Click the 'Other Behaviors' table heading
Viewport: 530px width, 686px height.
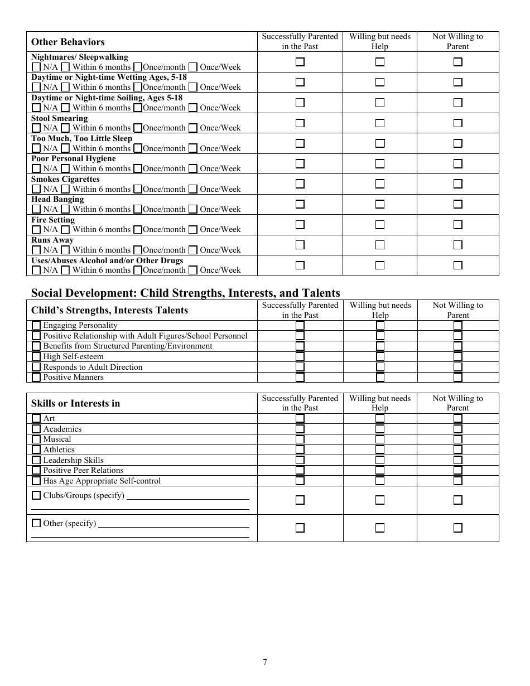68,42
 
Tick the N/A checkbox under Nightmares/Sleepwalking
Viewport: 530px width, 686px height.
36,67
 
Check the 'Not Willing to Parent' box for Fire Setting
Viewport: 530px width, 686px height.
457,225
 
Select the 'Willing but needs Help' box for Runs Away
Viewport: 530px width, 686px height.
380,245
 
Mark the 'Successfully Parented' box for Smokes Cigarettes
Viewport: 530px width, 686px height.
300,184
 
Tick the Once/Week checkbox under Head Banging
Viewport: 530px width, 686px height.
192,209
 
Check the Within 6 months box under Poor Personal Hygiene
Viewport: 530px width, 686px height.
65,168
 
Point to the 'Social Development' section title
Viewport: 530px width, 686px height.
185,293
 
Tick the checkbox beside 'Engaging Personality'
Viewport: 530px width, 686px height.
36,325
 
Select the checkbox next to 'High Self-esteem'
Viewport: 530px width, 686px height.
36,356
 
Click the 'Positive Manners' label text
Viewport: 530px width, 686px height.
73,377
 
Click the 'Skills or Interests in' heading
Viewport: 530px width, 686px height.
75,403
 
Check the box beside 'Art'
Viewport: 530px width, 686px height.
36,418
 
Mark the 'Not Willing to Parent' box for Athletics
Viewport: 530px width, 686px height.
457,450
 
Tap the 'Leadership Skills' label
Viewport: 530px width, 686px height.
73,460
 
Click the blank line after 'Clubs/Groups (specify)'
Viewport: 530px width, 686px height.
188,496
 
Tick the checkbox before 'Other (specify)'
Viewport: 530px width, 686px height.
36,523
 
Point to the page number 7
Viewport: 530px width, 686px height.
265,662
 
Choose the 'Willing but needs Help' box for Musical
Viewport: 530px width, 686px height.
380,439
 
